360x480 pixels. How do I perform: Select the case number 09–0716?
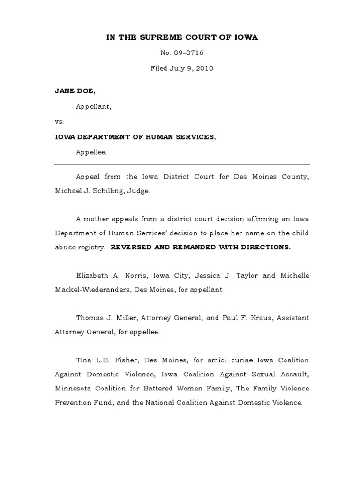coord(189,53)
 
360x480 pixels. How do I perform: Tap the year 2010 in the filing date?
coord(205,68)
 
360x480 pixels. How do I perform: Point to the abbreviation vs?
coord(59,121)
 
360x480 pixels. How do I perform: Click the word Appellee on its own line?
coord(91,152)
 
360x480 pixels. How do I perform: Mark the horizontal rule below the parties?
coord(182,164)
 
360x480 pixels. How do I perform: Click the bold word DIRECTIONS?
coord(265,247)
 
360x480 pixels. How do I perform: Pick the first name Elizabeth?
coord(94,275)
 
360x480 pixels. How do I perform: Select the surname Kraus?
coord(264,317)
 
